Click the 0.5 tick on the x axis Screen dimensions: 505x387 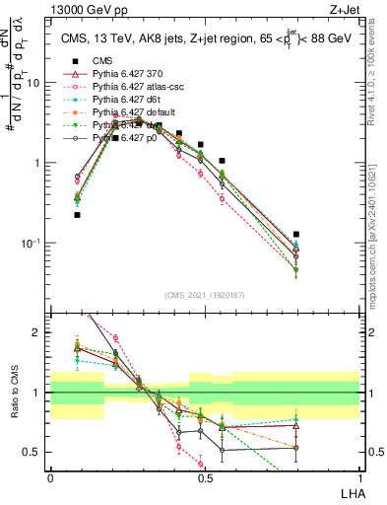(205, 476)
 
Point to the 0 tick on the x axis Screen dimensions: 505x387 (50, 476)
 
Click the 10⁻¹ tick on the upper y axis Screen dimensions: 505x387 (34, 243)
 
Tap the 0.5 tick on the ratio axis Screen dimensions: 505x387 (36, 452)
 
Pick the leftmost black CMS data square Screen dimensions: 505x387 (78, 214)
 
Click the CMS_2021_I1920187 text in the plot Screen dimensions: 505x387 (205, 295)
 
